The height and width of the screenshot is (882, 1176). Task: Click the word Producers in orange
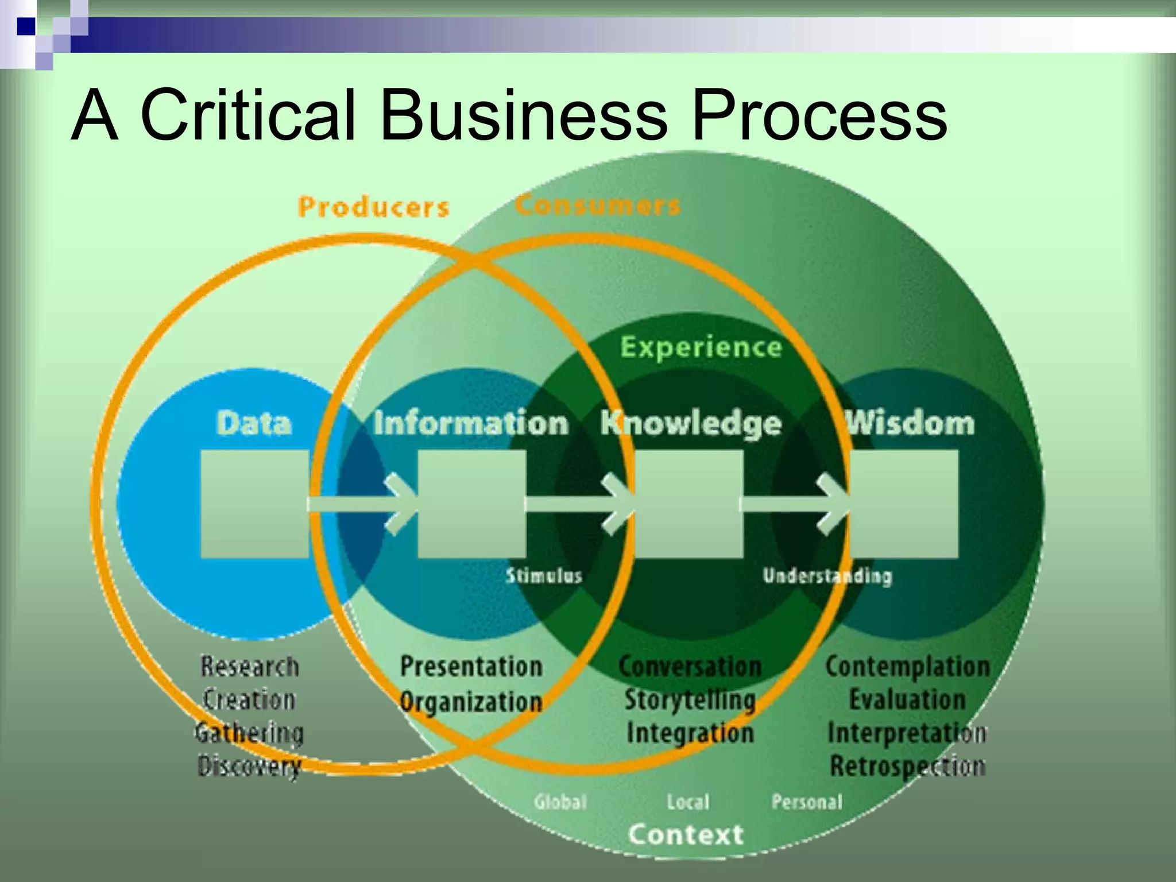click(373, 207)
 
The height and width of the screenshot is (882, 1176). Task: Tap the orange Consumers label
click(597, 206)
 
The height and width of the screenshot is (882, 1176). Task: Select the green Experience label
click(701, 347)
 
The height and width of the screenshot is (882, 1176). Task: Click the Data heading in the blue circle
click(254, 424)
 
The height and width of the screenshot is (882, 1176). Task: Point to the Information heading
click(471, 424)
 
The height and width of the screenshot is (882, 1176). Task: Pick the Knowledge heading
click(691, 424)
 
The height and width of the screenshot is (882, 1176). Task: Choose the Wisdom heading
click(911, 424)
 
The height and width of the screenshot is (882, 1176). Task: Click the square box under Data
click(254, 504)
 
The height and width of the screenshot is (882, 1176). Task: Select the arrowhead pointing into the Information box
click(402, 504)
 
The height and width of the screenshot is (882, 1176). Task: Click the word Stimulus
click(544, 576)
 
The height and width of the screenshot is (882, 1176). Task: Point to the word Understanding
click(827, 576)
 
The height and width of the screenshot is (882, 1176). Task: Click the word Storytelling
click(690, 700)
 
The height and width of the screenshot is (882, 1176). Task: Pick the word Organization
click(471, 702)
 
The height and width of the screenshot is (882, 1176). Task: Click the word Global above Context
click(560, 802)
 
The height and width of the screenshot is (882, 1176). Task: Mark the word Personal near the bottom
click(807, 802)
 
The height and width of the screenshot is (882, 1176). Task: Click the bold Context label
click(686, 834)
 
